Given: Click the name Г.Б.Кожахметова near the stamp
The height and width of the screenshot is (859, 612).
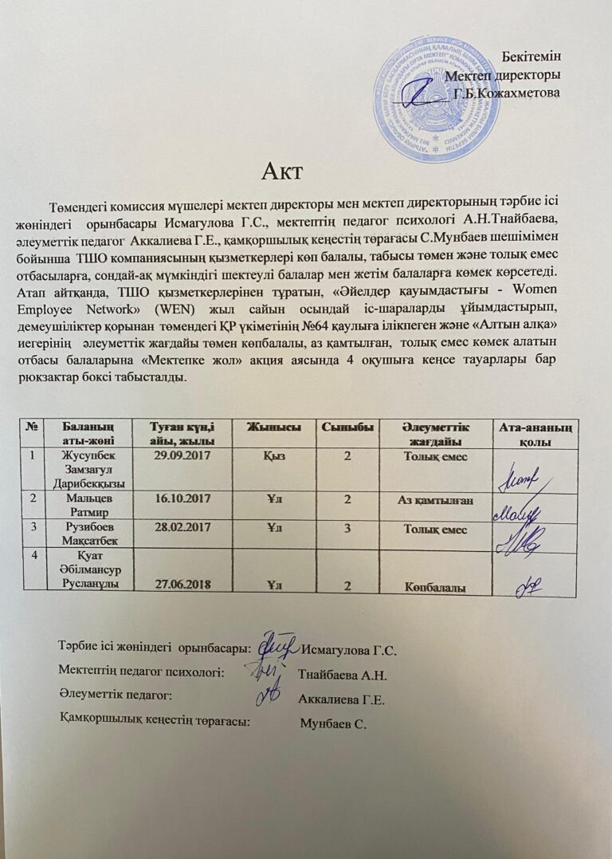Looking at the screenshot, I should click(x=507, y=94).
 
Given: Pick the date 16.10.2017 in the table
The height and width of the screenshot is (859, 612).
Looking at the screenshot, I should click(x=182, y=499).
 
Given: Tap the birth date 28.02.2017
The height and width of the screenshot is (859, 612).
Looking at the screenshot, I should click(x=183, y=529).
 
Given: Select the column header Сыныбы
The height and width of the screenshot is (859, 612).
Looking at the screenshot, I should click(x=347, y=428).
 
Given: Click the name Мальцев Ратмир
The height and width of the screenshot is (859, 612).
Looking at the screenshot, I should click(x=88, y=506).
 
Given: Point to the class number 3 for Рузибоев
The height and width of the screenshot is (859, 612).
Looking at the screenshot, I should click(x=347, y=529).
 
